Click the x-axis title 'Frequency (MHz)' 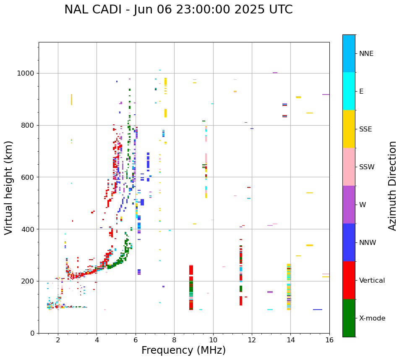tap(183, 350)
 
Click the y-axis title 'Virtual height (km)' tap(9, 188)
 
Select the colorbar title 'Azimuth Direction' tap(392, 186)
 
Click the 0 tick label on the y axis tap(32, 333)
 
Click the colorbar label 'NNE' tap(366, 54)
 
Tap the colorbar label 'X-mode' tap(372, 318)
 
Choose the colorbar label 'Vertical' tap(372, 281)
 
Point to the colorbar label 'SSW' tap(367, 167)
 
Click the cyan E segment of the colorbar tap(349, 91)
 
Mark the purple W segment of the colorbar tap(349, 205)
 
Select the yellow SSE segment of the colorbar tap(349, 129)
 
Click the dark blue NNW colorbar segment tap(349, 242)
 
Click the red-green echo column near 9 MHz tap(191, 288)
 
